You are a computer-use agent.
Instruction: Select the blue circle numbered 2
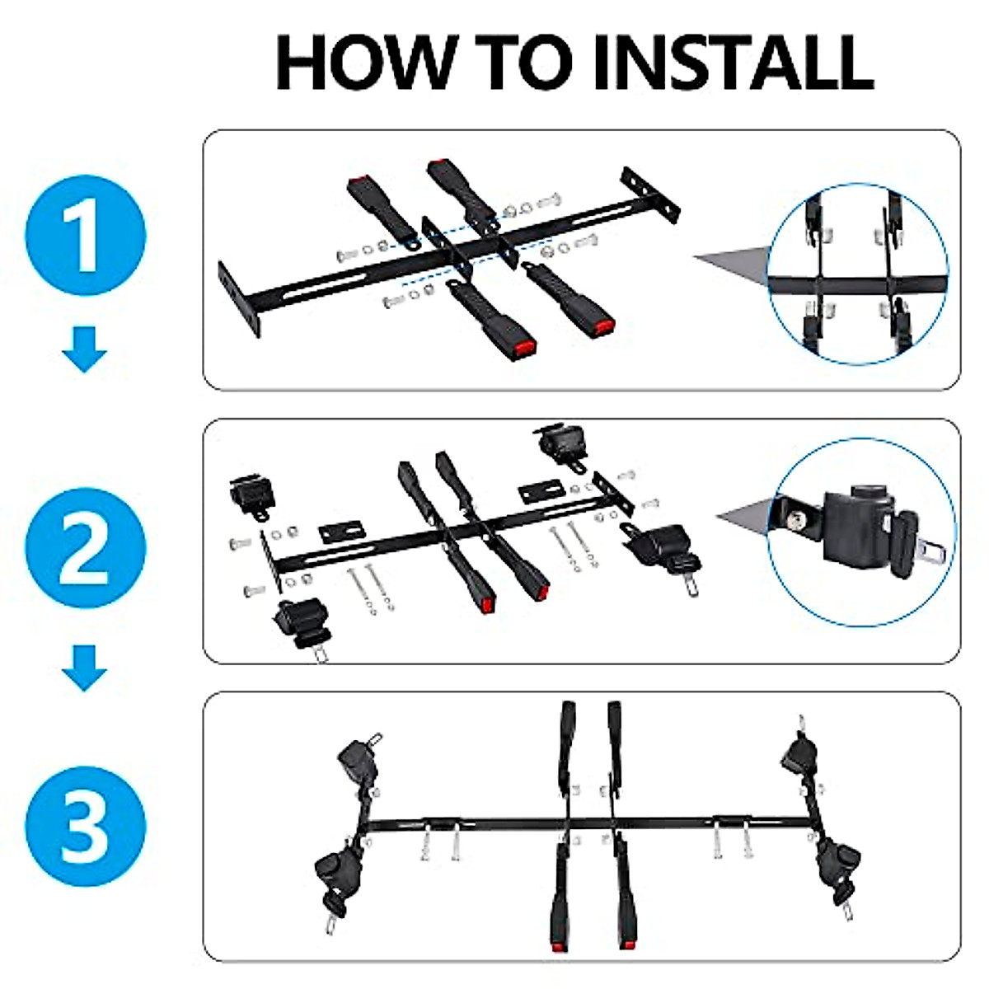pyautogui.click(x=86, y=547)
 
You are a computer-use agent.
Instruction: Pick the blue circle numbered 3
pyautogui.click(x=86, y=826)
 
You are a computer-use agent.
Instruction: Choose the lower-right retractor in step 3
pyautogui.click(x=838, y=862)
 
